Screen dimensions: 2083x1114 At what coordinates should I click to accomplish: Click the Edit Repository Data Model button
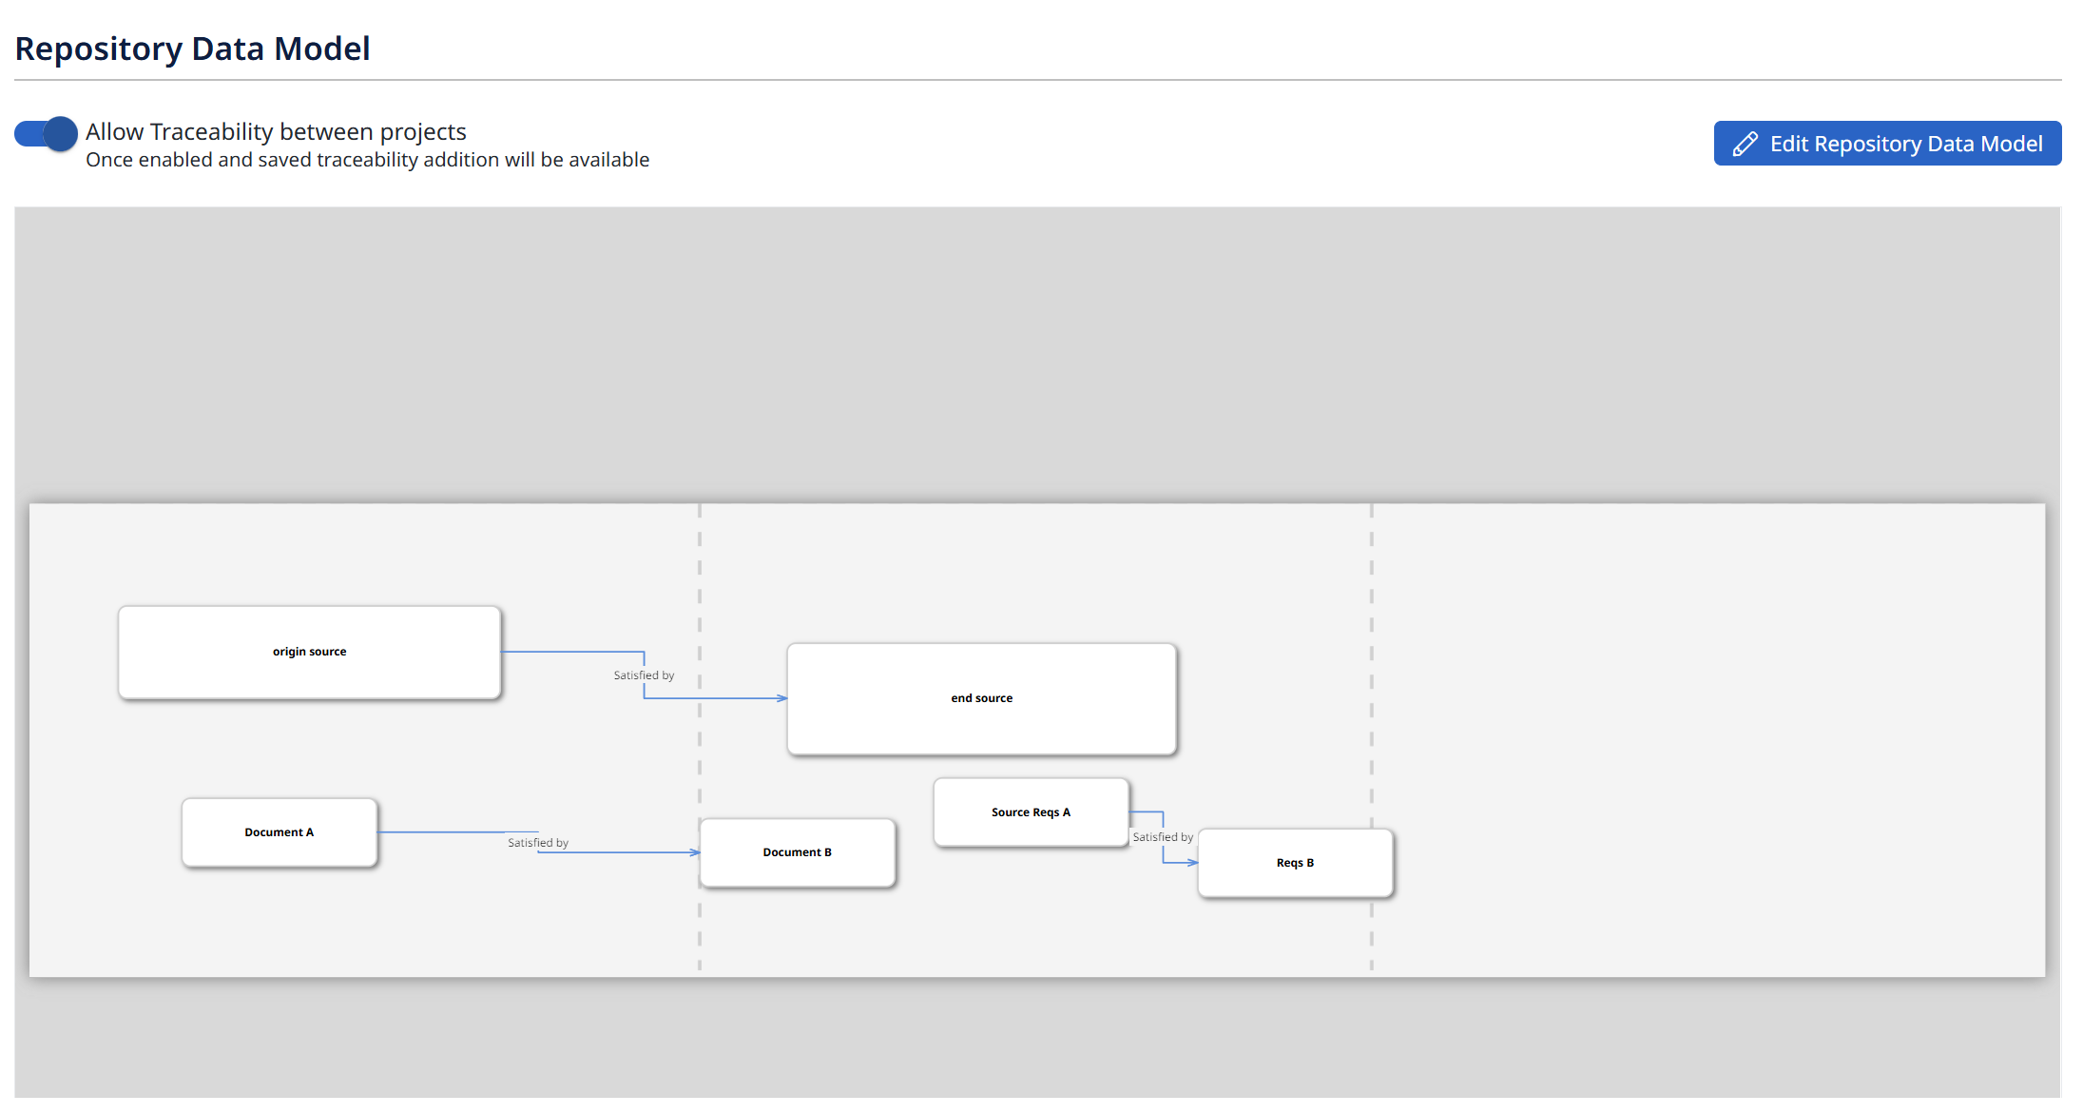pos(1887,144)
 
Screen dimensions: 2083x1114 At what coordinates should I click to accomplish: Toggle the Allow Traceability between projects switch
pos(46,134)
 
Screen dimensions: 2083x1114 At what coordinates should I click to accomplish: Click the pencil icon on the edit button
pos(1745,144)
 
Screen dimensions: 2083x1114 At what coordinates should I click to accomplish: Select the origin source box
pos(310,653)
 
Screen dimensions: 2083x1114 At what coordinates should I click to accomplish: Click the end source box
pos(982,699)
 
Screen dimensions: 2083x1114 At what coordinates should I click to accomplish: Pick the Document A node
pos(280,832)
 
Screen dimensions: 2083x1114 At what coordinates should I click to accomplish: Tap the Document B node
pos(798,853)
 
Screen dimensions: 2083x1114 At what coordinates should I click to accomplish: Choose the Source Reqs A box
pos(1032,812)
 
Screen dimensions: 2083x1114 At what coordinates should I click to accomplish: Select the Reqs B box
pos(1296,864)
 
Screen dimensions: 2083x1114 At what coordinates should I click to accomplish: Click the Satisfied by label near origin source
pos(644,675)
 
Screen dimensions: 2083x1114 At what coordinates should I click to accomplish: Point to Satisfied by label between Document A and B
pos(538,843)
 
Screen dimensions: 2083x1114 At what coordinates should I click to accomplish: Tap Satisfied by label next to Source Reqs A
pos(1163,837)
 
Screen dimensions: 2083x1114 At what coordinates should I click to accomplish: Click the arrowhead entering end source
pos(782,698)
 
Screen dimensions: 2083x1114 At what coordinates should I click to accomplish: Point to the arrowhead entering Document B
pos(696,852)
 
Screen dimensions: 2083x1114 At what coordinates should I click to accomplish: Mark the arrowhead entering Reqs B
pos(1194,863)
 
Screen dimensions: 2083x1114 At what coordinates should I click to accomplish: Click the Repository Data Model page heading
pos(192,49)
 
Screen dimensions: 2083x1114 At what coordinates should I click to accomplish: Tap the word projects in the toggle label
pos(423,132)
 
